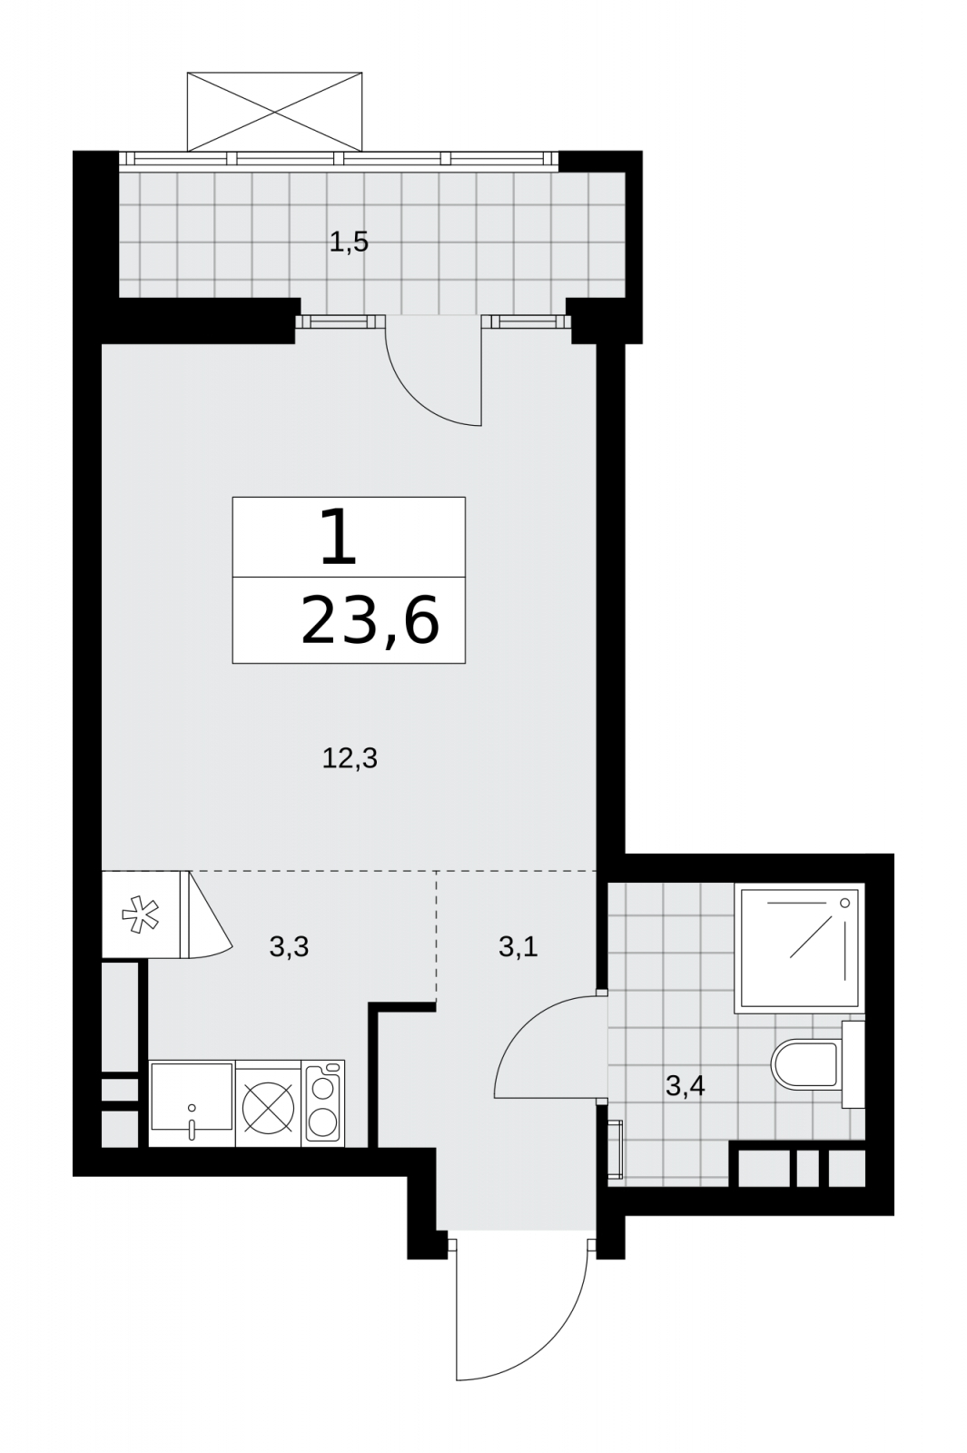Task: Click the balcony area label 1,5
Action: [349, 242]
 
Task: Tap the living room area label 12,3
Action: [350, 757]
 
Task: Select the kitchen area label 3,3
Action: [289, 947]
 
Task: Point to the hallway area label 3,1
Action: [518, 947]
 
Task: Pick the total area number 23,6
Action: [370, 621]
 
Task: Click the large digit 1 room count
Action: [340, 536]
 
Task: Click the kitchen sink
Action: [192, 1104]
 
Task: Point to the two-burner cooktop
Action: [323, 1103]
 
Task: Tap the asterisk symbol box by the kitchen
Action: [141, 914]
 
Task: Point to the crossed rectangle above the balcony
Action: [274, 112]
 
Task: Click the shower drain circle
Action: [844, 903]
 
